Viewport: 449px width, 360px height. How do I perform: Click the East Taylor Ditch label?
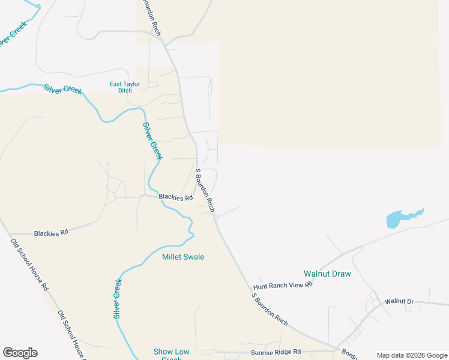[x=125, y=88]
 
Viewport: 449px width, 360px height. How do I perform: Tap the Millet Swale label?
[x=183, y=257]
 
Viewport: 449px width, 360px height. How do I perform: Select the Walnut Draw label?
[x=327, y=274]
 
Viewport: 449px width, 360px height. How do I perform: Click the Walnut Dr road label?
[x=400, y=301]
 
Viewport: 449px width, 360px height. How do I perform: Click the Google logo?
[x=20, y=353]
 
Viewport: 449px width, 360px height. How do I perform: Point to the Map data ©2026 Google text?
[x=411, y=355]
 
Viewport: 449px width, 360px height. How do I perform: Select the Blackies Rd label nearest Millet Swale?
[x=175, y=197]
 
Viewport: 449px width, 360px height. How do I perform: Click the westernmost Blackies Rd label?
[x=51, y=232]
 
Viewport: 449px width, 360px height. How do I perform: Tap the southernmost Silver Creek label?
[x=118, y=298]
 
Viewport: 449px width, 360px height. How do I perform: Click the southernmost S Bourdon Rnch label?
[x=270, y=308]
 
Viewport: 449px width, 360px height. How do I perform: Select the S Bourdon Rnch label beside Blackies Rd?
[x=205, y=190]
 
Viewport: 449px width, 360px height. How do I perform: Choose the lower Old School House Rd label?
[x=73, y=333]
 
